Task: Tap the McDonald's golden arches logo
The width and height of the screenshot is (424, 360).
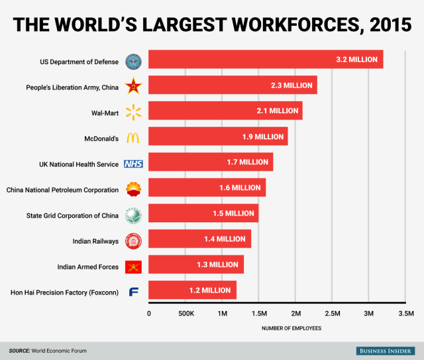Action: pos(133,138)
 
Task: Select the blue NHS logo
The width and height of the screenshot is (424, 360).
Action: pos(133,163)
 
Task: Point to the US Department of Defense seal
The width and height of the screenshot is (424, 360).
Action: pos(133,62)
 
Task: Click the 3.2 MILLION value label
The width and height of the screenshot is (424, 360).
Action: pos(356,60)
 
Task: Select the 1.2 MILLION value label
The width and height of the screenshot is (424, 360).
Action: pos(210,291)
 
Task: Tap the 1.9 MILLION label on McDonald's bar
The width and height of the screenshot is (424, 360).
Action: pos(262,136)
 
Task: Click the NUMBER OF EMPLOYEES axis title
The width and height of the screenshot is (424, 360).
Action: pos(291,328)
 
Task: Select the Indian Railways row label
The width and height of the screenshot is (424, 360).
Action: pos(95,241)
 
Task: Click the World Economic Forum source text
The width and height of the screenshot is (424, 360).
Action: pos(61,350)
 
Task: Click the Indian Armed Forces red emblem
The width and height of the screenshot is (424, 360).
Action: pos(133,266)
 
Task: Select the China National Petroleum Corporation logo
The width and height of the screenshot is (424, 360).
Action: pos(133,189)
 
